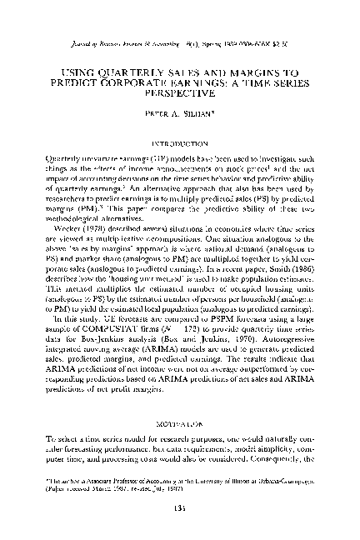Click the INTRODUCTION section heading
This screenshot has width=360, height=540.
click(180, 144)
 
